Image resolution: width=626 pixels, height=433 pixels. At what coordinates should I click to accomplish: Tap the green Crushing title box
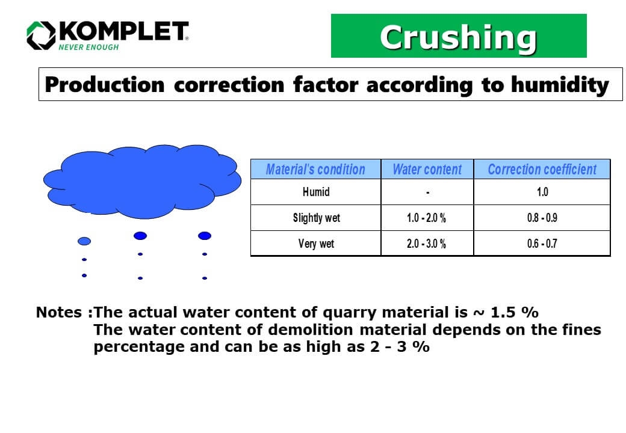point(459,36)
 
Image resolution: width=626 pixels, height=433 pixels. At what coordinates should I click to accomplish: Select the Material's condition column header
point(315,169)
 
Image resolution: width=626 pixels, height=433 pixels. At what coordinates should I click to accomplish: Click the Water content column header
point(427,169)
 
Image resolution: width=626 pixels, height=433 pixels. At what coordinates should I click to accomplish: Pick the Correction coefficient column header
point(542,169)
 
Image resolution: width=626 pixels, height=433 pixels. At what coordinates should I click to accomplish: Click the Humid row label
point(315,192)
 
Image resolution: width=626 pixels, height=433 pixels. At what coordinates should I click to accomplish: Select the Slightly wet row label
point(315,218)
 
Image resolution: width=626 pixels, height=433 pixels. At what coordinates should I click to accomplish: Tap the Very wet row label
point(315,244)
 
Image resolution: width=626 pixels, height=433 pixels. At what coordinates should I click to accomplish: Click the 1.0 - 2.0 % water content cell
point(427,218)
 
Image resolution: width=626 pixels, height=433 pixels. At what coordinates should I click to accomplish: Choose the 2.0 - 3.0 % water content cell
point(427,244)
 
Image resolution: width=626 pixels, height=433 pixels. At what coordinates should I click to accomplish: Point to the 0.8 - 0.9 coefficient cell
point(542,218)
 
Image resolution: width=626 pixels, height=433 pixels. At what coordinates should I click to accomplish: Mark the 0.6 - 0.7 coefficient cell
point(542,244)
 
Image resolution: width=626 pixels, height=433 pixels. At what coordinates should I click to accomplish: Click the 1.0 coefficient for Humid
point(542,192)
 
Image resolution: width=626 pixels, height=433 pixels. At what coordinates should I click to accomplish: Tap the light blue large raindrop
point(85,241)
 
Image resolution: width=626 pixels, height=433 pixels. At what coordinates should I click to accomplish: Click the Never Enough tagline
point(88,47)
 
